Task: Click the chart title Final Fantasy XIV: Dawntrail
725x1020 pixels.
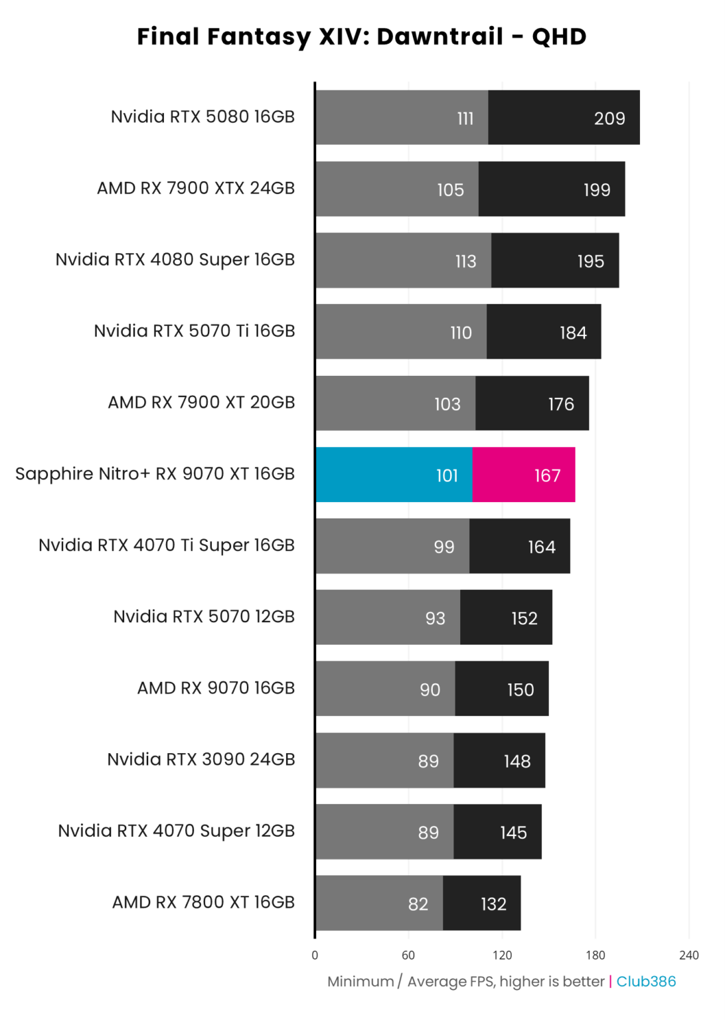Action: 362,37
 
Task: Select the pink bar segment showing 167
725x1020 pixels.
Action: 523,475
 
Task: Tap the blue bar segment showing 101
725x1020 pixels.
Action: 394,475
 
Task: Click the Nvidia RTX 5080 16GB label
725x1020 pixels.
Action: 202,117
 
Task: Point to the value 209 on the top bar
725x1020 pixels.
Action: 609,119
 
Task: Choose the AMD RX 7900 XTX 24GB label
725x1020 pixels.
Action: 196,189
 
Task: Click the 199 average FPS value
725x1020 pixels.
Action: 596,190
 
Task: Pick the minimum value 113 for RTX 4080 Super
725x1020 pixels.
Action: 465,262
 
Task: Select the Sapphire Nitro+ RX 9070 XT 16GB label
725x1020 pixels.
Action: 155,474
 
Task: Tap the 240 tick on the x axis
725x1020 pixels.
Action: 688,956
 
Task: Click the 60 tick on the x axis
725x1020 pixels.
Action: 408,956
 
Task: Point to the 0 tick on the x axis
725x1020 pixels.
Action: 315,956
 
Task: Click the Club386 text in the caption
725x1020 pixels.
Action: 646,981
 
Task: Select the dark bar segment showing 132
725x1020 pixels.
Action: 481,903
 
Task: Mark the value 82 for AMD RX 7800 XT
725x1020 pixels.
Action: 418,904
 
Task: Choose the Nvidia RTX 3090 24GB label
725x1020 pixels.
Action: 201,760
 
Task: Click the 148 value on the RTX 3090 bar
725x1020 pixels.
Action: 517,762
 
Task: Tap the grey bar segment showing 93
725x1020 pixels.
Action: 388,618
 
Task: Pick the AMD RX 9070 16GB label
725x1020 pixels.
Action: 216,688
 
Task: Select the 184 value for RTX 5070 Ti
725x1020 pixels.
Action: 573,333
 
